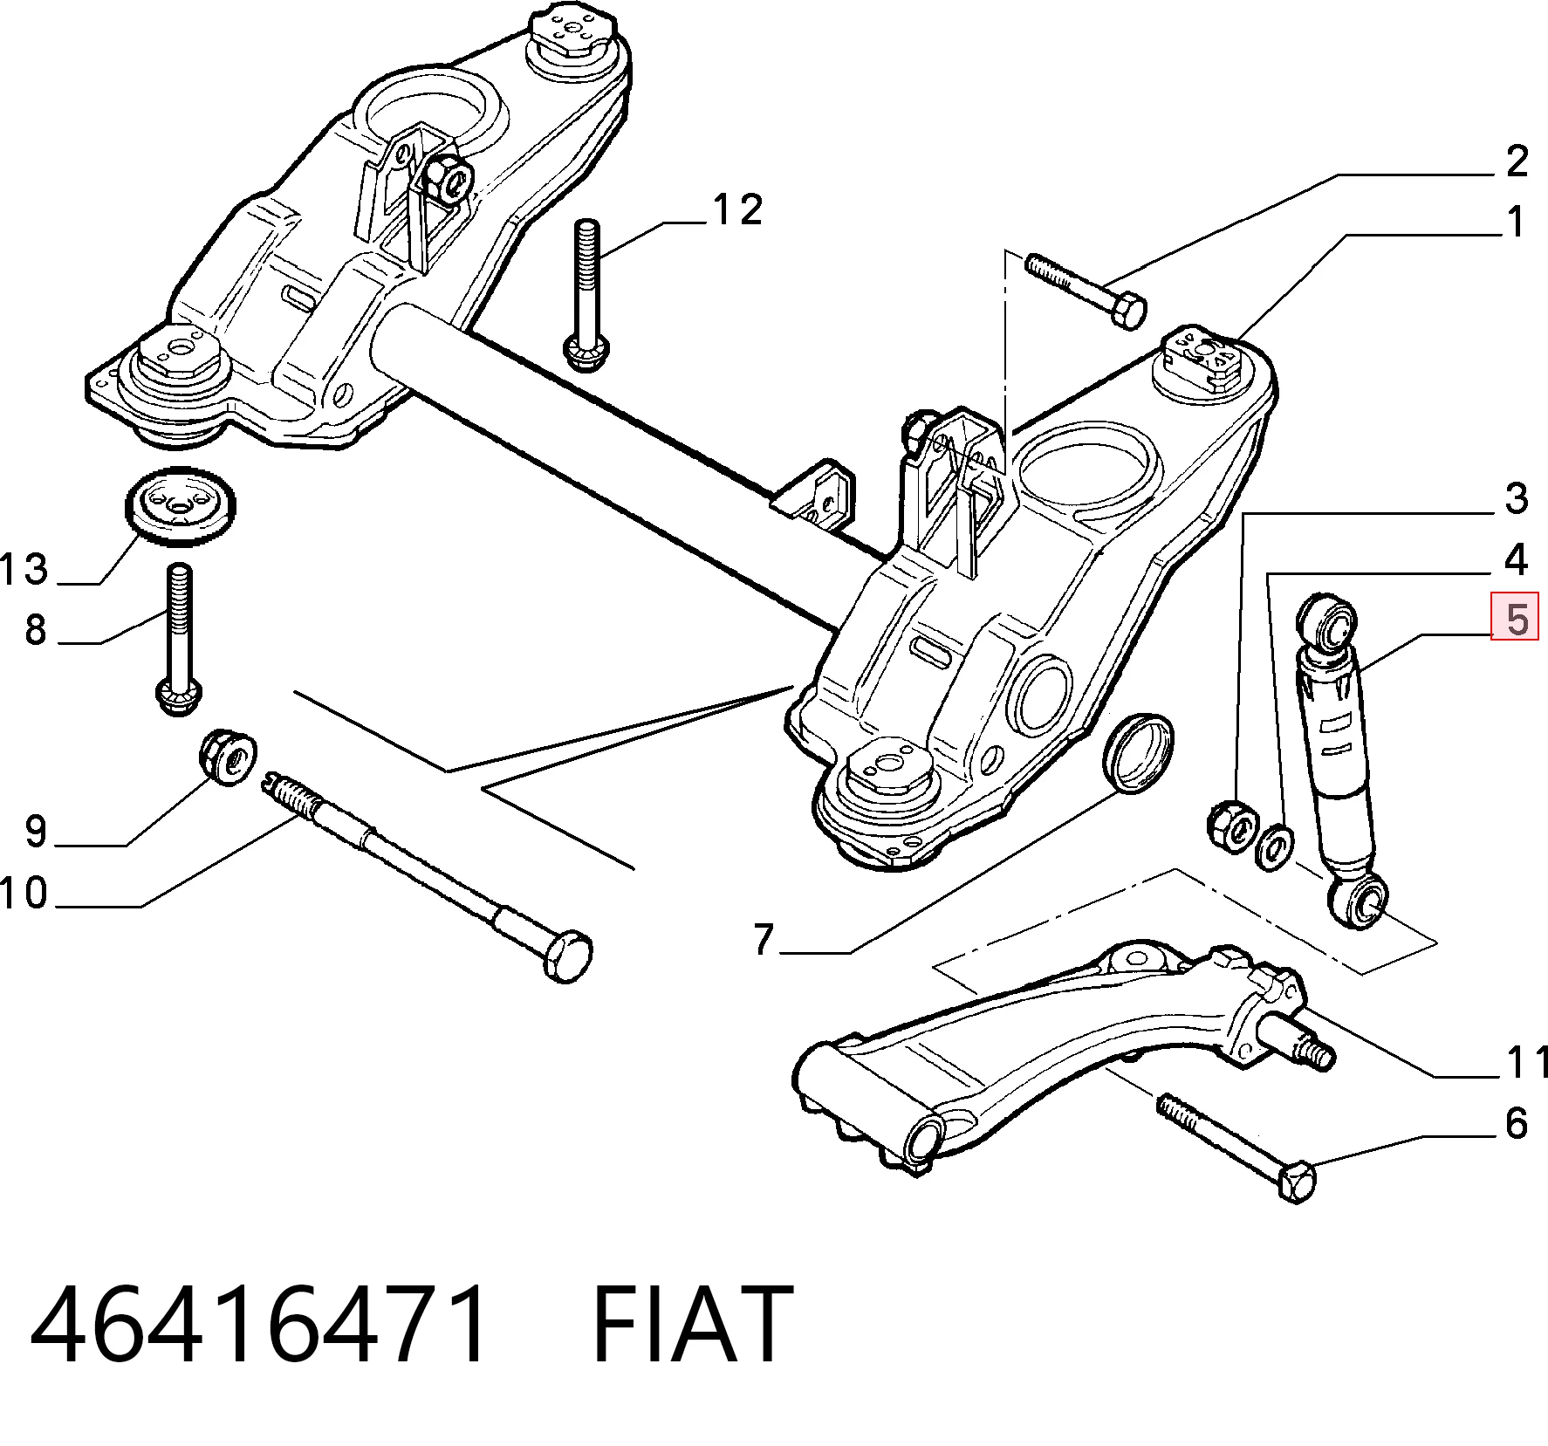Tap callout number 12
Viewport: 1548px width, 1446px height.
coord(738,209)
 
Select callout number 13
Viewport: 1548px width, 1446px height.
coord(24,570)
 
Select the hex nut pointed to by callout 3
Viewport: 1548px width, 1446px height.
coord(1231,825)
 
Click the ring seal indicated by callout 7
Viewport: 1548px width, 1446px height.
coord(1139,753)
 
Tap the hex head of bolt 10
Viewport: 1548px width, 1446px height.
coord(567,956)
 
